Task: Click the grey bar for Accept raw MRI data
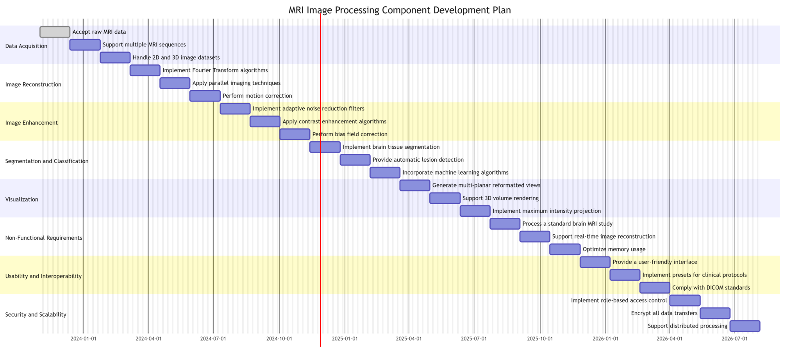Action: [55, 32]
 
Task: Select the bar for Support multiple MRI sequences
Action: [85, 45]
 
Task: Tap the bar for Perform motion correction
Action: [205, 96]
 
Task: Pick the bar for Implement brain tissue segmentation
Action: [325, 147]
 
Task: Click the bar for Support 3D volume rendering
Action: [445, 198]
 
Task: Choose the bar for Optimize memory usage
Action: [565, 249]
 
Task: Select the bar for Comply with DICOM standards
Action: [655, 288]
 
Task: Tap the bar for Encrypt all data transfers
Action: [715, 313]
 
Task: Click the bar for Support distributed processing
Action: [745, 326]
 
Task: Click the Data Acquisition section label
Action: [26, 46]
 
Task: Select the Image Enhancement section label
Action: [31, 123]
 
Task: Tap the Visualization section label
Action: [22, 200]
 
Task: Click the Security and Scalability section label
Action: [36, 315]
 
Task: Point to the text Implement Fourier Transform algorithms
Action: [215, 70]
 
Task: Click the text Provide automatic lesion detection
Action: [418, 160]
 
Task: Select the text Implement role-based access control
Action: [619, 300]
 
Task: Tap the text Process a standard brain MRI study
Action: [567, 224]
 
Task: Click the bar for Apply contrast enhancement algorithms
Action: [265, 121]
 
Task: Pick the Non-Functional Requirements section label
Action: [44, 238]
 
